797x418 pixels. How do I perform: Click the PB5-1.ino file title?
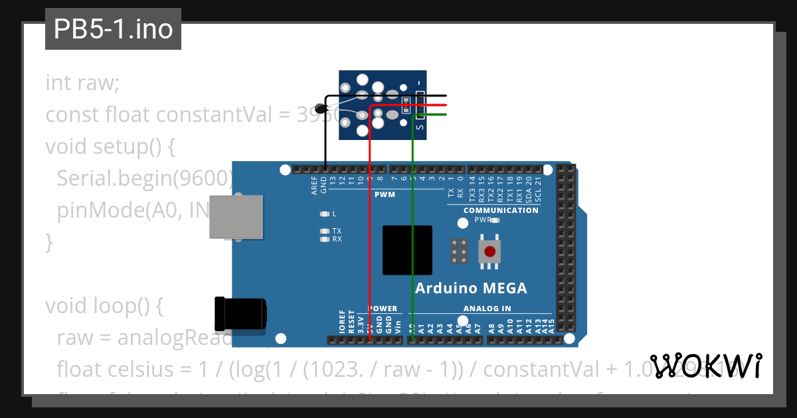pos(113,29)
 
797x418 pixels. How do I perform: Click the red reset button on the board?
pos(489,251)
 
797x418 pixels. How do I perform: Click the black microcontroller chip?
pos(407,250)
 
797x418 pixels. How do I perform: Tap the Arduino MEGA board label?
pos(471,288)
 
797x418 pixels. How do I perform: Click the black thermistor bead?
pos(321,109)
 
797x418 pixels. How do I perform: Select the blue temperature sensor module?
pos(381,105)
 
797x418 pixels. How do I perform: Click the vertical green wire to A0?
pos(412,232)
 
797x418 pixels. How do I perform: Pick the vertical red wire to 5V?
pos(369,232)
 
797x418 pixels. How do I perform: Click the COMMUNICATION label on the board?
pos(501,210)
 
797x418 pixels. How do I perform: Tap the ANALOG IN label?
pos(487,309)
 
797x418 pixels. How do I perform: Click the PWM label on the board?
pos(385,195)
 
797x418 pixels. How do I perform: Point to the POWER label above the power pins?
pos(383,309)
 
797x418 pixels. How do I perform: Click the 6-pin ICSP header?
pos(459,251)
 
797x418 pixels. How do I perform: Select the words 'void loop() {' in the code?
pos(104,307)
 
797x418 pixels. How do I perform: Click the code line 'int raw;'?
pos(82,84)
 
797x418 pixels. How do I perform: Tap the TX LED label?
pos(337,231)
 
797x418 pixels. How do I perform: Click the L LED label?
pos(334,214)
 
